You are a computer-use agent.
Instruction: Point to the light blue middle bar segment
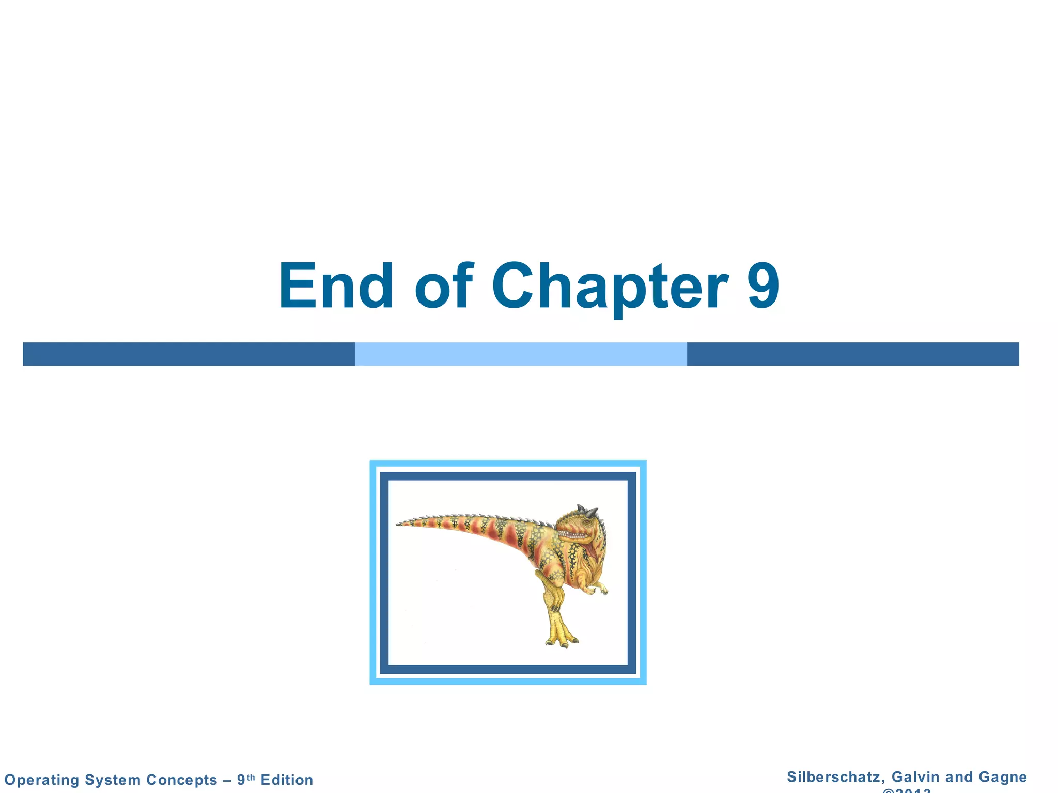tap(521, 354)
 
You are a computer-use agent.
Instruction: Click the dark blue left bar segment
tap(189, 354)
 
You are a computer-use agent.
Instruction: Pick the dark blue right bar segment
tap(852, 354)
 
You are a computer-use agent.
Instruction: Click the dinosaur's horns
tap(588, 512)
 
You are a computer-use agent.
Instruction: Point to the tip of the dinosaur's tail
tap(399, 524)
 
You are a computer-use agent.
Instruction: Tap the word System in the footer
tap(112, 780)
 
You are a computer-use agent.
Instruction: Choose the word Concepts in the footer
tap(182, 780)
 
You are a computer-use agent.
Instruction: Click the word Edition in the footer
tap(287, 780)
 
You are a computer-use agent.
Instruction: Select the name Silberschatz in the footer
tap(835, 777)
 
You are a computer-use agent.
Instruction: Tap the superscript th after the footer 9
tap(251, 777)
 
